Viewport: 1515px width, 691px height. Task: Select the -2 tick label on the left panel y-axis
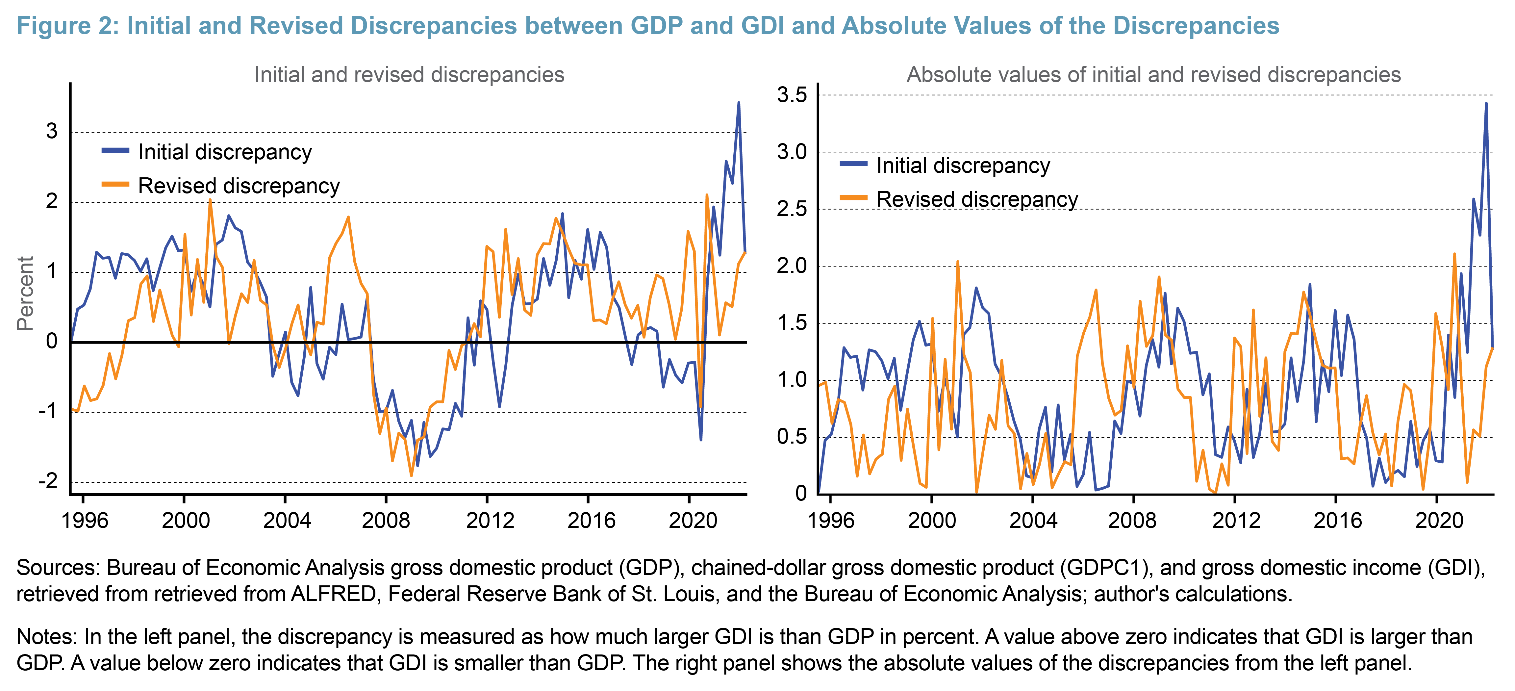[x=48, y=481]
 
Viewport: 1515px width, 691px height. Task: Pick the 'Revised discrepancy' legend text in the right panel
[x=977, y=199]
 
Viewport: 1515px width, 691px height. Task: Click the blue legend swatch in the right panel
[x=853, y=164]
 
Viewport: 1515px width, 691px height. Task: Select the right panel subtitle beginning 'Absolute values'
[x=1153, y=75]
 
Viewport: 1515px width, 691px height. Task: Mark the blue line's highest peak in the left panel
[x=739, y=103]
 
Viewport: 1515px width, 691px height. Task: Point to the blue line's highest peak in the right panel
[x=1486, y=104]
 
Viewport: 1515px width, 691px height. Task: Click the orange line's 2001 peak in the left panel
[x=210, y=200]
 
